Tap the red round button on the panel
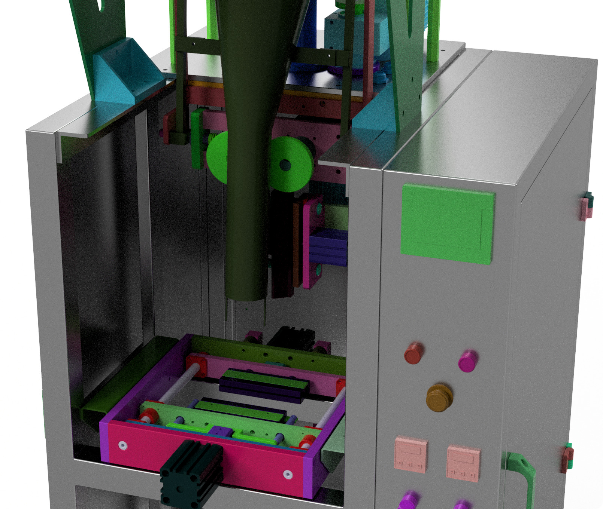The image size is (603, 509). pos(413,353)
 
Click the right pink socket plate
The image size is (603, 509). pos(463,463)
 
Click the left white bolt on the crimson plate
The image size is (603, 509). pos(122,445)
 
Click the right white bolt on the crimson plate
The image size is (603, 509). pos(288,475)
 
